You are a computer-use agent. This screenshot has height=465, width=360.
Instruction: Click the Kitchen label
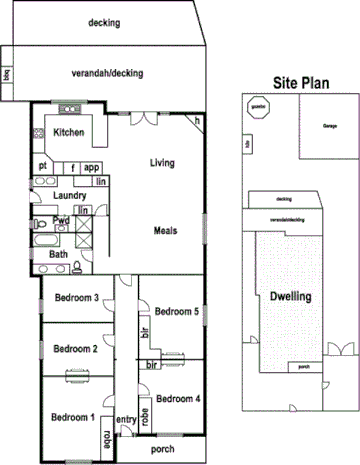[x=68, y=132]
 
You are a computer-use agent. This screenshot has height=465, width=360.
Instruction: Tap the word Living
[x=163, y=163]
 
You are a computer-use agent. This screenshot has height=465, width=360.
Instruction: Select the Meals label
[x=166, y=231]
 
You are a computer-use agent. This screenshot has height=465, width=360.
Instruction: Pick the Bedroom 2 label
[x=75, y=349]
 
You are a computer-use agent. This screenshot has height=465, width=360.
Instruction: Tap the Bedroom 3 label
[x=76, y=297]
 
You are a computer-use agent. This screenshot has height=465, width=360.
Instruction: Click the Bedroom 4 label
[x=178, y=398]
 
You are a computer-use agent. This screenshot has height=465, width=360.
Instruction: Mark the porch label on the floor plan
[x=162, y=449]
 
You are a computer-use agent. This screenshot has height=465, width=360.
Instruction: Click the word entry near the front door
[x=126, y=419]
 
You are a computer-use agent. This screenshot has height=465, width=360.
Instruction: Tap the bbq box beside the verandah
[x=6, y=74]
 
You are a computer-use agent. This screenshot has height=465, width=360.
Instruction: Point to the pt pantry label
[x=43, y=166]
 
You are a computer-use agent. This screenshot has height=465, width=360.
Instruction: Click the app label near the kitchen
[x=91, y=167]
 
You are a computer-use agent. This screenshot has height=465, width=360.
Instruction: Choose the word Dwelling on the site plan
[x=291, y=297]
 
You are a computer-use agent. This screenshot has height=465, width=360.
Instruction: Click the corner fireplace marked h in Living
[x=197, y=121]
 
